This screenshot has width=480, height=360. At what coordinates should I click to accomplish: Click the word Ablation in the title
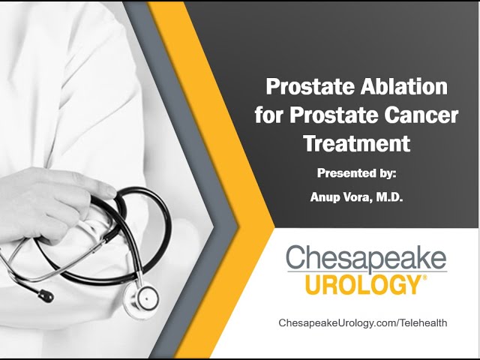point(403,87)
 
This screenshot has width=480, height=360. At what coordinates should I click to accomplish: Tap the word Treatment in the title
point(357,143)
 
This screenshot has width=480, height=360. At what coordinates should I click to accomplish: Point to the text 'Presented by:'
point(357,173)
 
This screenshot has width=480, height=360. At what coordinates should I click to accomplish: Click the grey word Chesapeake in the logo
point(366,259)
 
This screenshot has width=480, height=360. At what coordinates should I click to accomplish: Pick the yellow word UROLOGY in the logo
point(363,285)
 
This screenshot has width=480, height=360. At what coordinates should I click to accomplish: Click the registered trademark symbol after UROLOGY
point(424,277)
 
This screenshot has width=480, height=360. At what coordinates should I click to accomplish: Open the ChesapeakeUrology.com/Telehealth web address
point(363,323)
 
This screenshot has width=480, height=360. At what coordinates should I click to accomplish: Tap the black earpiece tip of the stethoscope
point(46,295)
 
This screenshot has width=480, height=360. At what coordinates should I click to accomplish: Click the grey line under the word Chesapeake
point(367,271)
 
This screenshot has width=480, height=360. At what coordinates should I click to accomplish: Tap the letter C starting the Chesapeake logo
point(296,259)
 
